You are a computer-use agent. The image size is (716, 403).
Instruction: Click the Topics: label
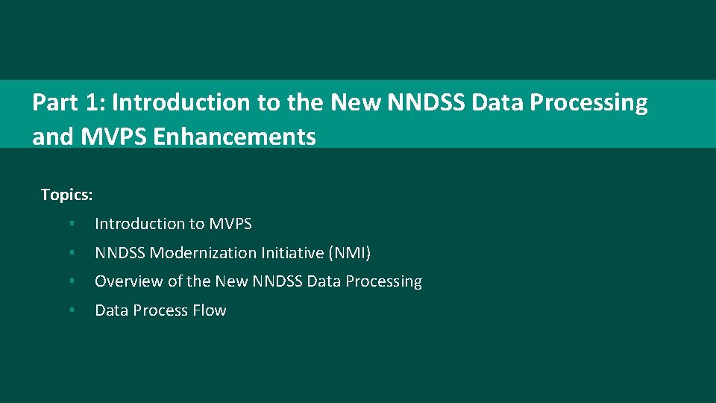pyautogui.click(x=66, y=195)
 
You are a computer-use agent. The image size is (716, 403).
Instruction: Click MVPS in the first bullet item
pyautogui.click(x=230, y=224)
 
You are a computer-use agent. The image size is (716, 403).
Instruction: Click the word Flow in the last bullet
pyautogui.click(x=210, y=310)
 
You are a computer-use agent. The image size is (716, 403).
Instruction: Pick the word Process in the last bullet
pyautogui.click(x=160, y=310)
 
